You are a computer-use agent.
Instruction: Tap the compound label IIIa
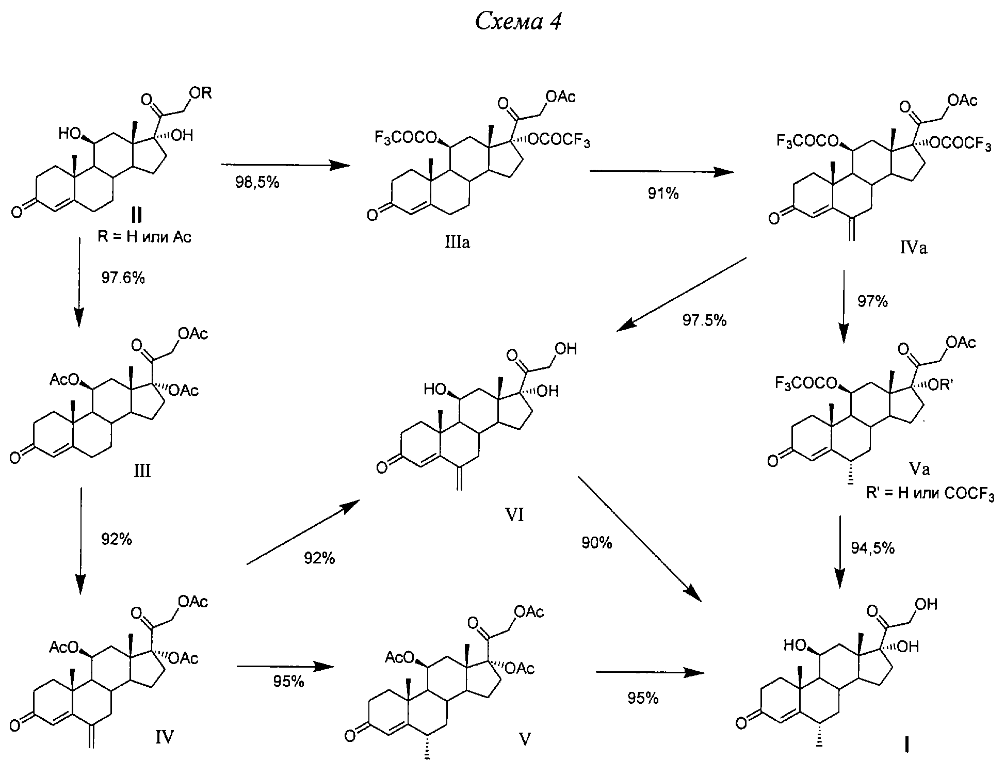point(458,242)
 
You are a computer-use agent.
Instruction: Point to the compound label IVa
point(914,248)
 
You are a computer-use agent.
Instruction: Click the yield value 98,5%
point(257,182)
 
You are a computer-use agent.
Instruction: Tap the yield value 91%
point(663,193)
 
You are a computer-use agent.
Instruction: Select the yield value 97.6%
point(123,278)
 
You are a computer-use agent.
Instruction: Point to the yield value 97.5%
point(705,320)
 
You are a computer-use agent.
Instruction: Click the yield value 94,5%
point(872,548)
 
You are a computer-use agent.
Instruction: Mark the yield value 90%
point(597,543)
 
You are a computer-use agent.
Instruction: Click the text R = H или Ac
point(144,237)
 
